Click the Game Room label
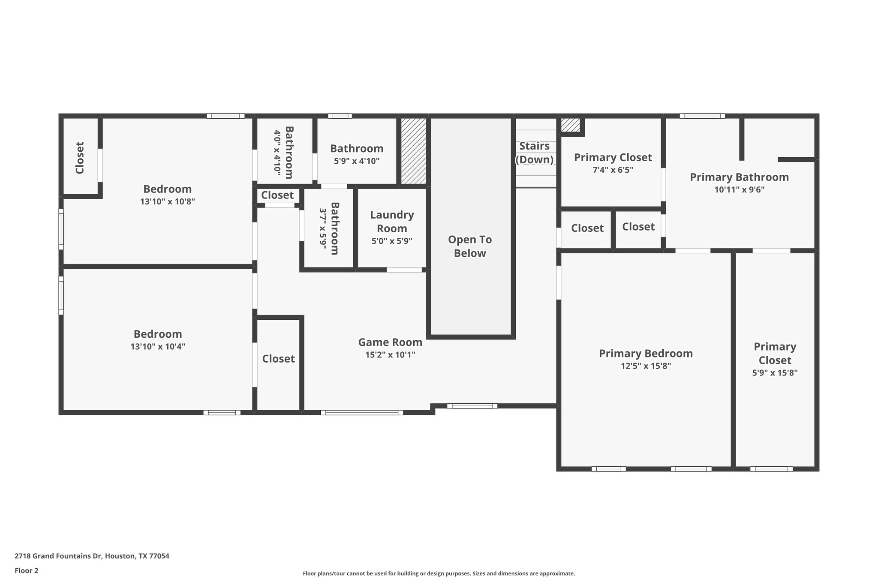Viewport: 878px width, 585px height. [x=390, y=342]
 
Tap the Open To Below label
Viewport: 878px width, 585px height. [x=470, y=246]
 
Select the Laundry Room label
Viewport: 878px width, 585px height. [x=392, y=222]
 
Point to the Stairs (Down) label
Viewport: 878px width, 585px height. [x=534, y=153]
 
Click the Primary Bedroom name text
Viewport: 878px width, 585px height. [x=646, y=354]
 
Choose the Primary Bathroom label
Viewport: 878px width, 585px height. [x=739, y=177]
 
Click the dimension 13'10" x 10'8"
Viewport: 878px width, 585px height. [x=167, y=201]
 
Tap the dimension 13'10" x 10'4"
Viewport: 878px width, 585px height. [x=158, y=346]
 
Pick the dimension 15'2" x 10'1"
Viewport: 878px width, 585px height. [x=390, y=354]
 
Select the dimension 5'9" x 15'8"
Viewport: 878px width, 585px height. [x=775, y=373]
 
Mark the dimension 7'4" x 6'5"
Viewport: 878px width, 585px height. [x=613, y=170]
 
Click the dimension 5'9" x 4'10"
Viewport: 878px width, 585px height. [x=357, y=161]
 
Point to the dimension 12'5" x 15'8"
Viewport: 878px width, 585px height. [x=646, y=366]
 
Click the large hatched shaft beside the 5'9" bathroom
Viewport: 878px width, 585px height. [x=414, y=151]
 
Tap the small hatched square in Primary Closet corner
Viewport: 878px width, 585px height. [x=570, y=125]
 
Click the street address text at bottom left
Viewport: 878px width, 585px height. [x=92, y=556]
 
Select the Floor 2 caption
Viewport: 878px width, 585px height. [x=27, y=570]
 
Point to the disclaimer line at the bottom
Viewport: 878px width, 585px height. [x=439, y=573]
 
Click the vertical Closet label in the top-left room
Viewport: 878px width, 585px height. [x=80, y=158]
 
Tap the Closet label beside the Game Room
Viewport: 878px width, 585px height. [x=278, y=359]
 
